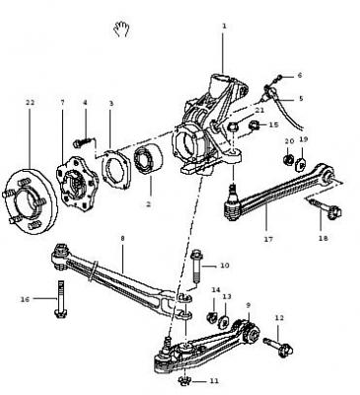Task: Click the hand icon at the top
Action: click(x=121, y=29)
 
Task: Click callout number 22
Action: click(x=30, y=103)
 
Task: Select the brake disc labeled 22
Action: click(x=31, y=202)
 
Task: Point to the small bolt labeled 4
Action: click(x=83, y=143)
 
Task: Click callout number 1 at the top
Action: click(x=224, y=26)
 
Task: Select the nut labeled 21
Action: click(x=233, y=126)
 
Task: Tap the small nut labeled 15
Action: click(x=254, y=125)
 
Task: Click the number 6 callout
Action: click(x=300, y=75)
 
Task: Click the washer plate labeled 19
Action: click(x=301, y=165)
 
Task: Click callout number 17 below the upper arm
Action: click(x=268, y=239)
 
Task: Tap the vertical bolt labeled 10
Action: click(x=197, y=267)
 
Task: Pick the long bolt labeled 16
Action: click(x=61, y=299)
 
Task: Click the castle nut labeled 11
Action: click(x=185, y=381)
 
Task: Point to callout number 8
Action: click(x=122, y=238)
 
